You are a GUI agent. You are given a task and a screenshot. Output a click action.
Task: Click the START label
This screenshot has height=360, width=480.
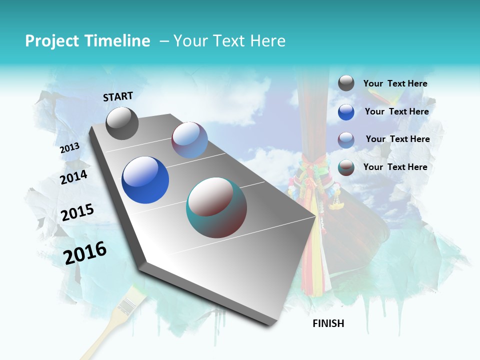(118, 96)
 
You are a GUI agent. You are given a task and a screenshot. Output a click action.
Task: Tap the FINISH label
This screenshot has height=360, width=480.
(328, 323)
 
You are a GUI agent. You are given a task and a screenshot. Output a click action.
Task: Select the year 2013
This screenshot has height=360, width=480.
(69, 148)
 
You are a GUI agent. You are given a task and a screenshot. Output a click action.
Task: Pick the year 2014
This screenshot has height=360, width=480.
(73, 177)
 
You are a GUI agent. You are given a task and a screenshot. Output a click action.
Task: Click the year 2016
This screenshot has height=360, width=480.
(85, 253)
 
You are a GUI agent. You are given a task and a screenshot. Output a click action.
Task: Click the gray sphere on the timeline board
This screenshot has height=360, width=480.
(122, 123)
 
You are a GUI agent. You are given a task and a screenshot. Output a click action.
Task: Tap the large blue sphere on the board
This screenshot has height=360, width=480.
(145, 180)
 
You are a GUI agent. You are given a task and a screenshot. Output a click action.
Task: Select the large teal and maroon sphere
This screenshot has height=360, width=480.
(216, 207)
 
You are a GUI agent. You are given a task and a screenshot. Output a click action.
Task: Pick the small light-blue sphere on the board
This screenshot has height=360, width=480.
(189, 140)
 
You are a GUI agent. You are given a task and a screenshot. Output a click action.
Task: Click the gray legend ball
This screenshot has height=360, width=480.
(346, 83)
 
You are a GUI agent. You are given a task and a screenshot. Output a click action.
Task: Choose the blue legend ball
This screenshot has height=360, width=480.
(346, 112)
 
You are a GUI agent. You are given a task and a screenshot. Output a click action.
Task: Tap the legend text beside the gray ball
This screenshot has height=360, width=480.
(395, 84)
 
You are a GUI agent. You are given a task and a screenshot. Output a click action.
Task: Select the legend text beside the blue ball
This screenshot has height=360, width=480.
(396, 112)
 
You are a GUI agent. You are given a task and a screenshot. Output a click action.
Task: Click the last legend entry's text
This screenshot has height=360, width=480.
(395, 167)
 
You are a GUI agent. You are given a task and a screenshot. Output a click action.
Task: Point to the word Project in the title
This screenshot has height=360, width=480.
(51, 41)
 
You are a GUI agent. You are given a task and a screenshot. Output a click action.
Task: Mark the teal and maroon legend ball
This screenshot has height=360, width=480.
(346, 167)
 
